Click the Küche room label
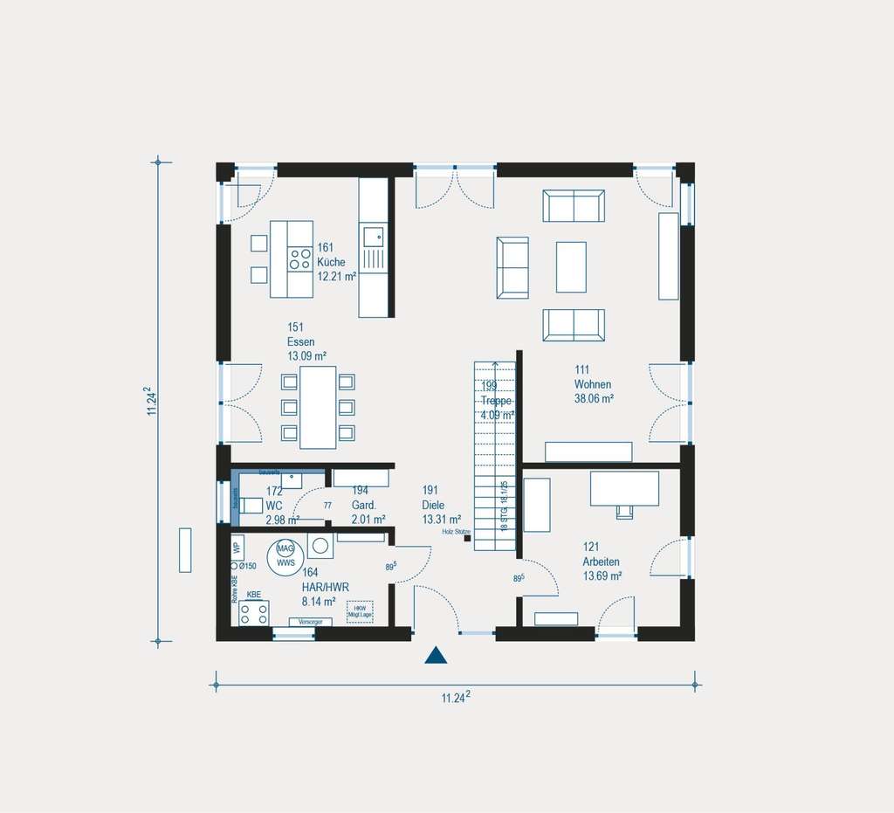coord(331,262)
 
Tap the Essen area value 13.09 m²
coord(306,355)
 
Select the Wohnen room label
coord(592,384)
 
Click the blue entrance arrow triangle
coord(436,656)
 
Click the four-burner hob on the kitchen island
coord(300,258)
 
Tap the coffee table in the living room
coord(571,267)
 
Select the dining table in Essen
coord(318,407)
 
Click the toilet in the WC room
coord(251,506)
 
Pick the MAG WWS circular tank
coord(285,555)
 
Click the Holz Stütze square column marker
coord(468,539)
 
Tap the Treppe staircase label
coord(496,401)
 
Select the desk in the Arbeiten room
coord(624,489)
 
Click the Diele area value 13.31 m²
coord(441,519)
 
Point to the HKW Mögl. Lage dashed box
coord(360,610)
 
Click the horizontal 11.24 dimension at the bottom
coord(456,696)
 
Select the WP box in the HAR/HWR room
coord(237,548)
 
